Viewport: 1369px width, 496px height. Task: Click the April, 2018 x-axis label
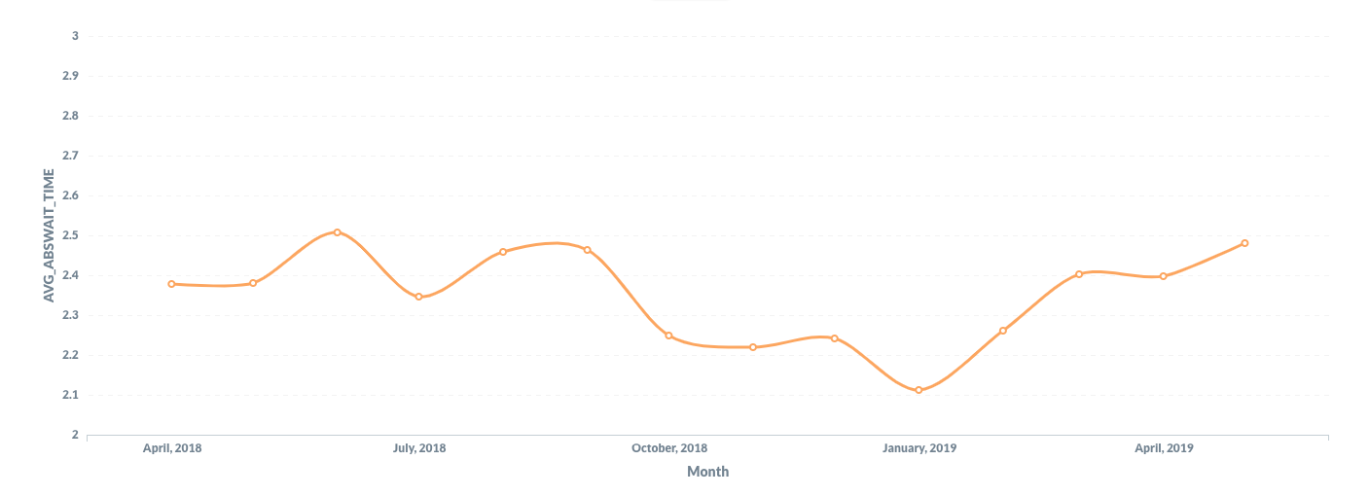(x=171, y=448)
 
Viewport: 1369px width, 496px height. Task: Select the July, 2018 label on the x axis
(x=419, y=448)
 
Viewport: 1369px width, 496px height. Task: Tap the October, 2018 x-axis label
(x=669, y=448)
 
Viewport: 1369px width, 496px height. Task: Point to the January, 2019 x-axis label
(x=919, y=448)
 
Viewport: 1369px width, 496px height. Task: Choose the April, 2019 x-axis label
(x=1164, y=448)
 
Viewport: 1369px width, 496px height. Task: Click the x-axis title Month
(x=707, y=472)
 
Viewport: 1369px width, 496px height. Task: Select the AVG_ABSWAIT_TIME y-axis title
(x=49, y=234)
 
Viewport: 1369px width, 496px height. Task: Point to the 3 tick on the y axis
(x=75, y=36)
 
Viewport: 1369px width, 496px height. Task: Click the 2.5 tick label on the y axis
(x=70, y=235)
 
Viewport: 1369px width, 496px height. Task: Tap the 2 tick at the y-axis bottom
(x=75, y=435)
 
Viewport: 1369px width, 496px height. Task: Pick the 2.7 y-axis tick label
(x=70, y=156)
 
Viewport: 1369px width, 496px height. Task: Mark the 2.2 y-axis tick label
(x=70, y=355)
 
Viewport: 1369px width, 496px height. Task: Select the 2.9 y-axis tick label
(x=70, y=76)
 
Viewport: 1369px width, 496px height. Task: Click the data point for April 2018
(x=171, y=284)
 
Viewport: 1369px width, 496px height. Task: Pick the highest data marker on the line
(x=337, y=232)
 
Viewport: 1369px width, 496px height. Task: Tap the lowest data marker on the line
(x=919, y=390)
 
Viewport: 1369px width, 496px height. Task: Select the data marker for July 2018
(x=418, y=297)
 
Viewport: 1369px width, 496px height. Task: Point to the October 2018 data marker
(x=668, y=336)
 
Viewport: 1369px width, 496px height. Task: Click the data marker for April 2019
(x=1163, y=276)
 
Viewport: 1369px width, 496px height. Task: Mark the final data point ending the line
(x=1244, y=243)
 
